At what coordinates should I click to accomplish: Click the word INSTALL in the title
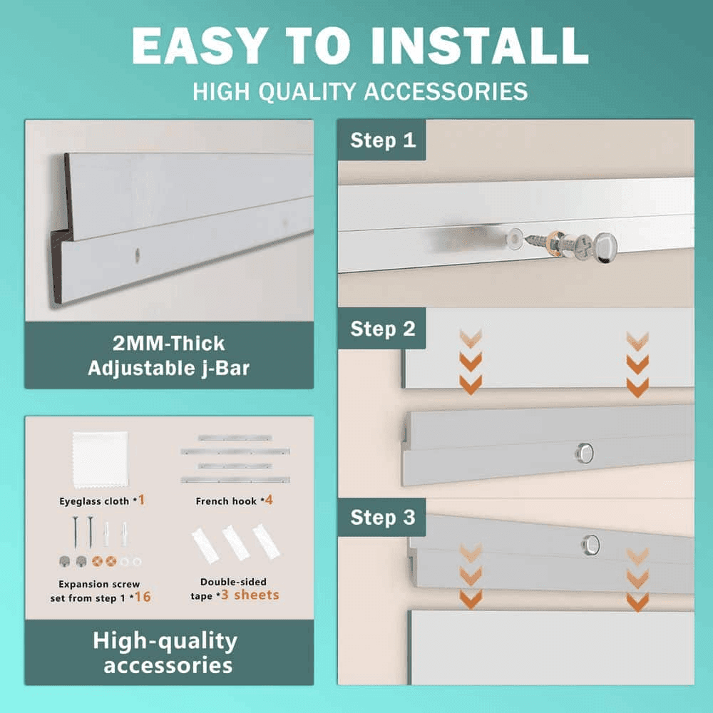click(480, 46)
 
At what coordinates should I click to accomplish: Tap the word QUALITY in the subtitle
click(307, 91)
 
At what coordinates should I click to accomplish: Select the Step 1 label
click(383, 140)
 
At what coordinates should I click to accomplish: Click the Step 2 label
click(383, 329)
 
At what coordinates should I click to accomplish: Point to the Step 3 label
click(383, 518)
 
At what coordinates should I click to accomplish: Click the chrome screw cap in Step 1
click(605, 247)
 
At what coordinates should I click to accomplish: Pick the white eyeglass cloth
click(100, 460)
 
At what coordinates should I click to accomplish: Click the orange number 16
click(143, 597)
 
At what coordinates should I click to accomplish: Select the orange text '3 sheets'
click(250, 595)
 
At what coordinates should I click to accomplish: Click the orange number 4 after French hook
click(269, 501)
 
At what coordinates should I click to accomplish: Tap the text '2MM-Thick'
click(169, 344)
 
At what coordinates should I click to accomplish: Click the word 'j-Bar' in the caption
click(225, 369)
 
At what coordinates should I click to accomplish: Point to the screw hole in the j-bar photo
click(137, 255)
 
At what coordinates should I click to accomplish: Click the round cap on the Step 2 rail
click(585, 453)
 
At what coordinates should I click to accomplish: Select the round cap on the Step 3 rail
click(590, 545)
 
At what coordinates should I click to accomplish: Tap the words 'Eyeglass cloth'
click(94, 501)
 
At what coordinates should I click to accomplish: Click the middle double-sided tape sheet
click(235, 543)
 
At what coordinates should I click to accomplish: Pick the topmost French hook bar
click(235, 438)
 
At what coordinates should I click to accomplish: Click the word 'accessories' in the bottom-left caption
click(168, 665)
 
